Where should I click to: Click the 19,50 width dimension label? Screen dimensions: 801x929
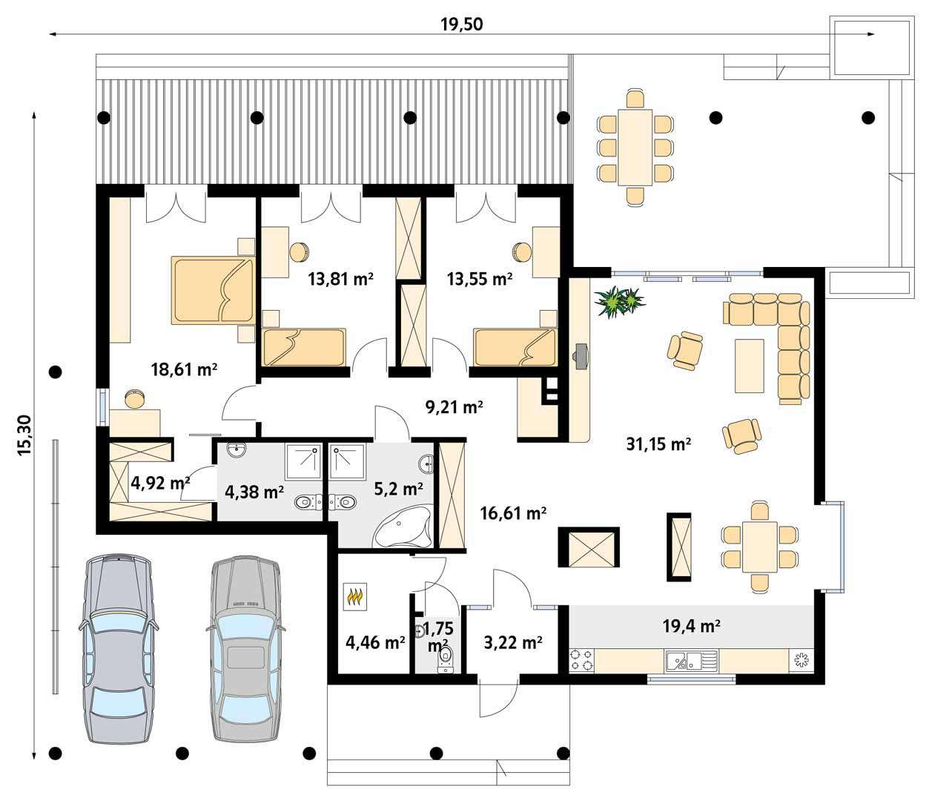(x=461, y=24)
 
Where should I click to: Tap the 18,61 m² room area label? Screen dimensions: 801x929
(x=184, y=369)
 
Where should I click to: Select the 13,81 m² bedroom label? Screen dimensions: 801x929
(x=340, y=280)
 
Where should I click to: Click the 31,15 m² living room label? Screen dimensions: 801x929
(x=658, y=444)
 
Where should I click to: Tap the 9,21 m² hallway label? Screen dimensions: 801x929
(x=454, y=406)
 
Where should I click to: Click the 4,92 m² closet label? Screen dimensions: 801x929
(x=160, y=484)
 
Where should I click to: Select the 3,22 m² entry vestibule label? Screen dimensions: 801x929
(x=512, y=642)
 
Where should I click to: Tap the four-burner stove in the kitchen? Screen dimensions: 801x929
(x=581, y=660)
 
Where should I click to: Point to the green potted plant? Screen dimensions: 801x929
(x=618, y=302)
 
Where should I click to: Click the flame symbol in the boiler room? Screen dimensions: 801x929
(x=355, y=597)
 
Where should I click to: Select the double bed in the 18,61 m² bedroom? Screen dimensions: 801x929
(x=212, y=290)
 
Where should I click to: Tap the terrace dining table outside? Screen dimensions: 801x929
(x=635, y=148)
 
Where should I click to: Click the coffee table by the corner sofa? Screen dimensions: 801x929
(x=749, y=365)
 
